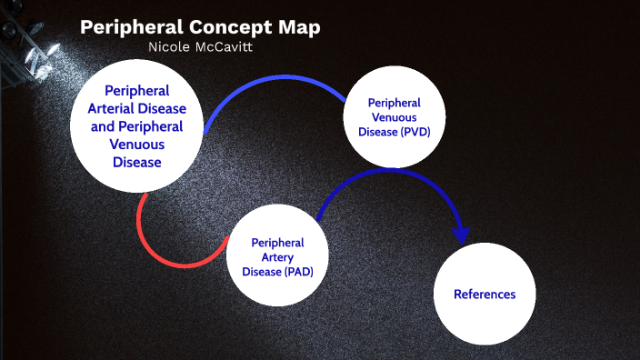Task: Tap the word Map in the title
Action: point(296,27)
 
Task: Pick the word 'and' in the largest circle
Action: point(103,126)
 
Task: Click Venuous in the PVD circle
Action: point(395,118)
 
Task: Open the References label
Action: point(485,295)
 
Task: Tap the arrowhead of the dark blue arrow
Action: point(462,235)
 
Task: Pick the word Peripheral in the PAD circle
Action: point(277,244)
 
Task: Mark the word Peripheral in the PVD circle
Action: point(395,104)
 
